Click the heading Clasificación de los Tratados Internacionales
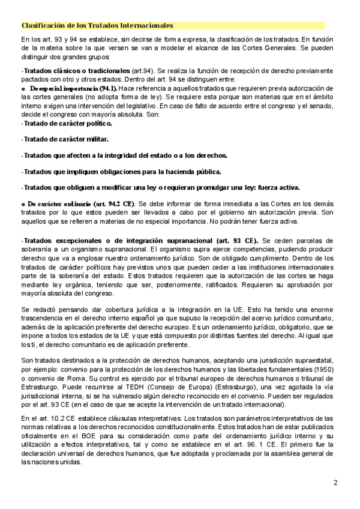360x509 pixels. (x=97, y=25)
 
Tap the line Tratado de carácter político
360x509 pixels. (x=67, y=123)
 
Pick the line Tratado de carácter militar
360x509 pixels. (x=65, y=139)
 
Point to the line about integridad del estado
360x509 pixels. (x=124, y=155)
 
